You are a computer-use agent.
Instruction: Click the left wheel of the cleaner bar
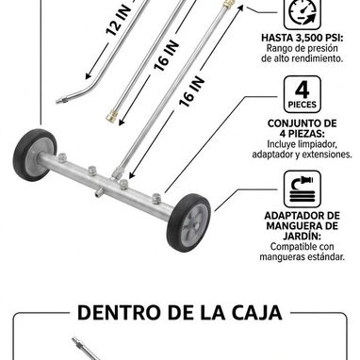[x=35, y=155]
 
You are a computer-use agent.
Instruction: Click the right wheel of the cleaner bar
[x=189, y=222]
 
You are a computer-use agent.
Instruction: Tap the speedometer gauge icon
[x=303, y=13]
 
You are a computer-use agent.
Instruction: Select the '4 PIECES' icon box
[x=303, y=94]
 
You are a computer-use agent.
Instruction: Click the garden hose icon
[x=303, y=189]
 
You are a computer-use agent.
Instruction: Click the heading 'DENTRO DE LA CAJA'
[x=180, y=312]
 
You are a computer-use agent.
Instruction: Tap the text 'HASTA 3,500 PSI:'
[x=303, y=38]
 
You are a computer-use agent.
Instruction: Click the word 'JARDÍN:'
[x=303, y=236]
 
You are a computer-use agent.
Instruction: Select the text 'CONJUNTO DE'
[x=303, y=123]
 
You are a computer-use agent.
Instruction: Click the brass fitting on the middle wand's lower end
[x=112, y=115]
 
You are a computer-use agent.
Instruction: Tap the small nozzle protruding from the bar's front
[x=100, y=191]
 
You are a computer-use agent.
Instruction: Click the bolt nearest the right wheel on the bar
[x=156, y=199]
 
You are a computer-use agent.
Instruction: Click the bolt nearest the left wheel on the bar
[x=62, y=157]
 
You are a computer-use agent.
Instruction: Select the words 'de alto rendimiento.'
[x=303, y=58]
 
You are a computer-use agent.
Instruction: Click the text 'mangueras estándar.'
[x=303, y=256]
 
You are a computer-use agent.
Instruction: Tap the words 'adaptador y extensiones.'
[x=303, y=155]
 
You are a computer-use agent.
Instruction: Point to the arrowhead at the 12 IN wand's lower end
[x=89, y=76]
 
